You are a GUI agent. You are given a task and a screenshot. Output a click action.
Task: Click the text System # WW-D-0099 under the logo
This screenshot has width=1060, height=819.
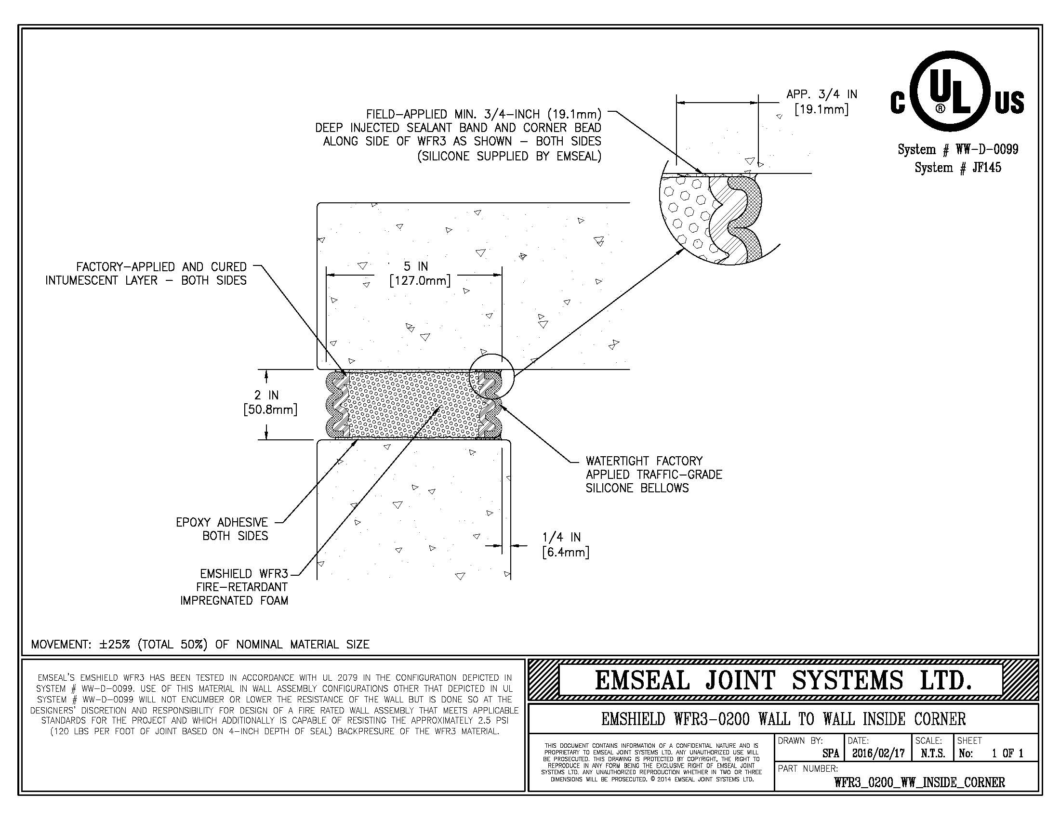pos(957,149)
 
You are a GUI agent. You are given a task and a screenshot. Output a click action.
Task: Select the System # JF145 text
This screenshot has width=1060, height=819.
pos(957,168)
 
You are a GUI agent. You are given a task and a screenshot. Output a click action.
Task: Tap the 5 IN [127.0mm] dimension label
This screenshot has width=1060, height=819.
pos(420,273)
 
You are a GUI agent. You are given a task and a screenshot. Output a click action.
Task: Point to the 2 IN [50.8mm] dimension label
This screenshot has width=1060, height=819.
pos(270,402)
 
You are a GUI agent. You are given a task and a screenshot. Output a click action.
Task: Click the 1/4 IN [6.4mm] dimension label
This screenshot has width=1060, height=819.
pos(566,544)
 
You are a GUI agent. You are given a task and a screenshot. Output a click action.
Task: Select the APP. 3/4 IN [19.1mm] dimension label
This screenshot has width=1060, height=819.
pos(821,101)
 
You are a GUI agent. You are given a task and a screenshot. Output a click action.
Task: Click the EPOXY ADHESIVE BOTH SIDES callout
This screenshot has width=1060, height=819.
pos(222,529)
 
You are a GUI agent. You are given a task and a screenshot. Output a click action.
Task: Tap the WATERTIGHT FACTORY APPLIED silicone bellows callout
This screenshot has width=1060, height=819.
pos(653,475)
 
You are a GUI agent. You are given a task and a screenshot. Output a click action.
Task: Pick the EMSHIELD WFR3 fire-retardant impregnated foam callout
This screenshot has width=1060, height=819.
pos(235,587)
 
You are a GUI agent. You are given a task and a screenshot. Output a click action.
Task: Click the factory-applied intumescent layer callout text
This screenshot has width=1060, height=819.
pos(146,274)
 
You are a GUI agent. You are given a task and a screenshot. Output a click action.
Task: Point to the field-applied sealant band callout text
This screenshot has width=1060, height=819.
pos(458,135)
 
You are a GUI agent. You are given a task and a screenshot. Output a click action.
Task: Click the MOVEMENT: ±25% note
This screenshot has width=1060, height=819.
pos(200,644)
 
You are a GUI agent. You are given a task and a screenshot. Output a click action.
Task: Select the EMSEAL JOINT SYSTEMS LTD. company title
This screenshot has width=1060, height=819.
pos(783,680)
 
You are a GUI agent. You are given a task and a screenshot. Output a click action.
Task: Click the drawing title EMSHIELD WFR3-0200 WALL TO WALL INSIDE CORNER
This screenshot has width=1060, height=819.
pos(783,719)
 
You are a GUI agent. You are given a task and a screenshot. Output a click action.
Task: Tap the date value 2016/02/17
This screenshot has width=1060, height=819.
pos(878,753)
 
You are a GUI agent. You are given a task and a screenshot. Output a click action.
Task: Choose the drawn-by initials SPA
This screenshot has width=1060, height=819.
pos(831,753)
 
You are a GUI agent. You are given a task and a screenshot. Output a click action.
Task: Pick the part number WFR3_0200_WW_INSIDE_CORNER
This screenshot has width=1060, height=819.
pos(919,782)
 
